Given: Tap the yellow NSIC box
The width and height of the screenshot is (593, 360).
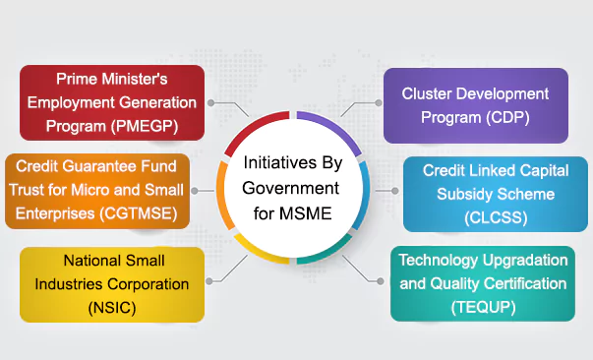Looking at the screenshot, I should [112, 283].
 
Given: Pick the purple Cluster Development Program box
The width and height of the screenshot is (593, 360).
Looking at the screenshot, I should [475, 104].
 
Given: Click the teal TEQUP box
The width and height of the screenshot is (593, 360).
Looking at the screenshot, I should [482, 283].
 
